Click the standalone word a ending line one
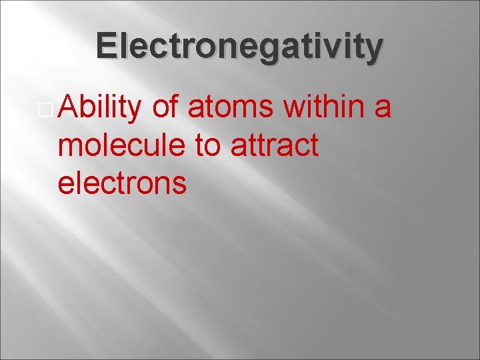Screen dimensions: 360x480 pos(383,110)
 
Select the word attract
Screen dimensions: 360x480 pos(274,146)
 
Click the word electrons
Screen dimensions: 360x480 pos(122,183)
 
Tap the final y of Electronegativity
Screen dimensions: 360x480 pos(374,50)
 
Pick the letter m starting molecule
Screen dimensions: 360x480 pos(70,148)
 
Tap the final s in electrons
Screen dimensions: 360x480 pos(179,185)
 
